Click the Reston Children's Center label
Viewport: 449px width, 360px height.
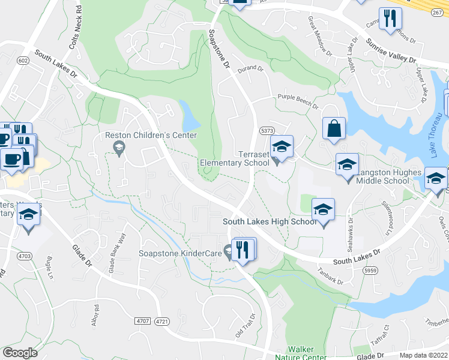coord(151,135)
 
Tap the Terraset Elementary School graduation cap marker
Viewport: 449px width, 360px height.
coord(280,146)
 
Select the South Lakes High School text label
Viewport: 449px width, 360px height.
coord(270,221)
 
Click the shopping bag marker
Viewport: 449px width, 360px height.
coord(334,128)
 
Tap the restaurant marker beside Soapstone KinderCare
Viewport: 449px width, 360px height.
coord(243,248)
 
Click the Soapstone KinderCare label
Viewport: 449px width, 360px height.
coord(179,253)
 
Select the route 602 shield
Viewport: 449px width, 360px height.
coord(23,61)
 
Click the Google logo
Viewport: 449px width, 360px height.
coord(20,352)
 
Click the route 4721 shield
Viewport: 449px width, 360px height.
coord(161,322)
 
